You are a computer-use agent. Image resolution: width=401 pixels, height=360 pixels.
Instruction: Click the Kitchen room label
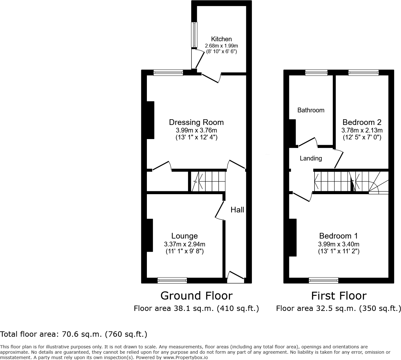coord(221,39)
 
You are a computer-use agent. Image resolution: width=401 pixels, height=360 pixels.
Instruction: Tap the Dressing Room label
coord(196,122)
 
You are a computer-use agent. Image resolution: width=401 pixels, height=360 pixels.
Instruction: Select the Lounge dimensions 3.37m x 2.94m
coord(185,244)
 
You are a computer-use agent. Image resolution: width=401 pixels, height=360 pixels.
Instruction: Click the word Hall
coord(237,210)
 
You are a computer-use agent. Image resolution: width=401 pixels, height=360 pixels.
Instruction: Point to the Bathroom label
coord(311,110)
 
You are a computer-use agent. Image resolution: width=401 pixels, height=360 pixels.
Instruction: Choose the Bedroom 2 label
coord(362,122)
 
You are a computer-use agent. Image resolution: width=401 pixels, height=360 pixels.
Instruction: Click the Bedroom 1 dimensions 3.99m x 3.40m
coord(339,244)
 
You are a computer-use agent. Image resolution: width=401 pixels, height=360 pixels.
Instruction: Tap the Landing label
coord(311,158)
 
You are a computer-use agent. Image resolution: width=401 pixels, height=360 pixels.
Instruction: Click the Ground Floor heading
coord(196,296)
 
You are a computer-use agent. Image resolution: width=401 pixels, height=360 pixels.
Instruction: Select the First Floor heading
coord(339,296)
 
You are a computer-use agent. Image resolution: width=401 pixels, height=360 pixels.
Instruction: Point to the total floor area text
coord(74,334)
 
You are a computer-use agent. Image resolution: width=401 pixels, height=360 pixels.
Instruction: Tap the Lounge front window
coord(172,280)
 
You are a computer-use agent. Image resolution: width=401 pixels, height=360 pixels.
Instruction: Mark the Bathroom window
coord(316,73)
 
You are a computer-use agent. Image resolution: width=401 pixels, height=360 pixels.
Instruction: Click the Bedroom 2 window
coord(363,73)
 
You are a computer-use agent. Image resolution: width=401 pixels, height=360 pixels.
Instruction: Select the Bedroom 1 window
coord(324,280)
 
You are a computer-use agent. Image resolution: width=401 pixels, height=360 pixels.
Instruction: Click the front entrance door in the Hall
coord(235,276)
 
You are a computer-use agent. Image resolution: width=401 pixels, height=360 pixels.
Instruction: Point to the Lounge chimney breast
coord(149,235)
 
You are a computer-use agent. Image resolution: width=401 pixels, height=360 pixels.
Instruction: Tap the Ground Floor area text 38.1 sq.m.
coord(196,308)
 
